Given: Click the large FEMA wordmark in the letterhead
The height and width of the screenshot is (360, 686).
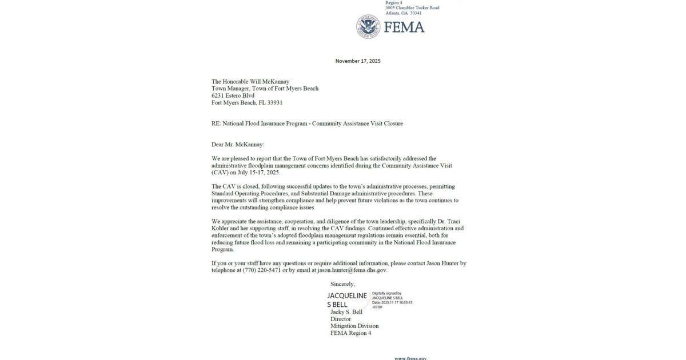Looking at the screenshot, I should [x=404, y=27].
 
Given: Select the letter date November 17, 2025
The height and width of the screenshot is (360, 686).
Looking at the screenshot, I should [x=358, y=61].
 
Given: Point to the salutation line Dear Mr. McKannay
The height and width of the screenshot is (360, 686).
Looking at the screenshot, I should [x=238, y=145].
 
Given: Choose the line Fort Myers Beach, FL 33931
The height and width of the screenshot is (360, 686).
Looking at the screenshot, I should [x=247, y=103].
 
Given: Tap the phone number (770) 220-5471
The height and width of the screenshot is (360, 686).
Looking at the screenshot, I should [x=261, y=270].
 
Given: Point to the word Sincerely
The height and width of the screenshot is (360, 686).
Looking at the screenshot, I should [x=343, y=284].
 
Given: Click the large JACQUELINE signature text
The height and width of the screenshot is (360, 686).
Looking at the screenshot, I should [x=347, y=295].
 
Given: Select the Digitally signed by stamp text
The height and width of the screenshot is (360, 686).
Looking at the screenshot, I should [x=386, y=293].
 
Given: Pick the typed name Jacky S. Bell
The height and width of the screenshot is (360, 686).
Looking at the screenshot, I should [x=346, y=312].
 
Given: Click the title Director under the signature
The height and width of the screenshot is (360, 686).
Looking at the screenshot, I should [x=341, y=319].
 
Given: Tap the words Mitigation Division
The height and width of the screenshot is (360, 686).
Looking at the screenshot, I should [x=354, y=326].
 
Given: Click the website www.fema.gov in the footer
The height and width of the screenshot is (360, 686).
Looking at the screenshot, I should [x=410, y=358].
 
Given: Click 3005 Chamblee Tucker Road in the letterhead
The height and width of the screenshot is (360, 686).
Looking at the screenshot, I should [x=412, y=7].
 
